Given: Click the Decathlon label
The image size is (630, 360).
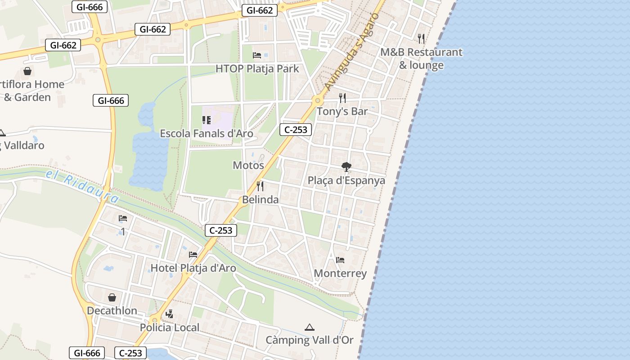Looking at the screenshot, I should point(112,310).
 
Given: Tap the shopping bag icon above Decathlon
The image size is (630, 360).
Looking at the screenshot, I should point(112,297).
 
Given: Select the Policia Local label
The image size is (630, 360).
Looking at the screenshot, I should point(169,327).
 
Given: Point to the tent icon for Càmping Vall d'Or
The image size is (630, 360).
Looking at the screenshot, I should point(309,327).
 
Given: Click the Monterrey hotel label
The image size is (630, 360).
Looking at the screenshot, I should point(340,273).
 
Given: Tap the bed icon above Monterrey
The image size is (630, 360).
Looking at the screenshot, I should point(340,260).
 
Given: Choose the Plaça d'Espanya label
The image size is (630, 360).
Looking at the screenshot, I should point(346,180).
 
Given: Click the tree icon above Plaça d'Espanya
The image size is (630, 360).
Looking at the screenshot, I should point(346,167).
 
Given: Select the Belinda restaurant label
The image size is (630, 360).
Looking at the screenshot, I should point(260,199).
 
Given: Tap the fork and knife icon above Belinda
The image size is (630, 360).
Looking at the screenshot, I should point(260,186).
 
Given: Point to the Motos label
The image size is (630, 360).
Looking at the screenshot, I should point(248,165).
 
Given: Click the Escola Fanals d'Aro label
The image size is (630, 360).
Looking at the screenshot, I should point(207,134).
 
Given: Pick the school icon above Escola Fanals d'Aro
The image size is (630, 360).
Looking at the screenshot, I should point(207,120).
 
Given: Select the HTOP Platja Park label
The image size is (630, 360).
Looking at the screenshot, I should point(257,69).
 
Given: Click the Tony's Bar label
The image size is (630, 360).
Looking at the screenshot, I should point(342,111).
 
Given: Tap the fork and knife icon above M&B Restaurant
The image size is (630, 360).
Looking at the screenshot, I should point(421,39).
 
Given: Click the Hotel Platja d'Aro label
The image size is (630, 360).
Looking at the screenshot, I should point(193,268).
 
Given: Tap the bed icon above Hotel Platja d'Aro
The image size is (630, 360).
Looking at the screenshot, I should point(193,255).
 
